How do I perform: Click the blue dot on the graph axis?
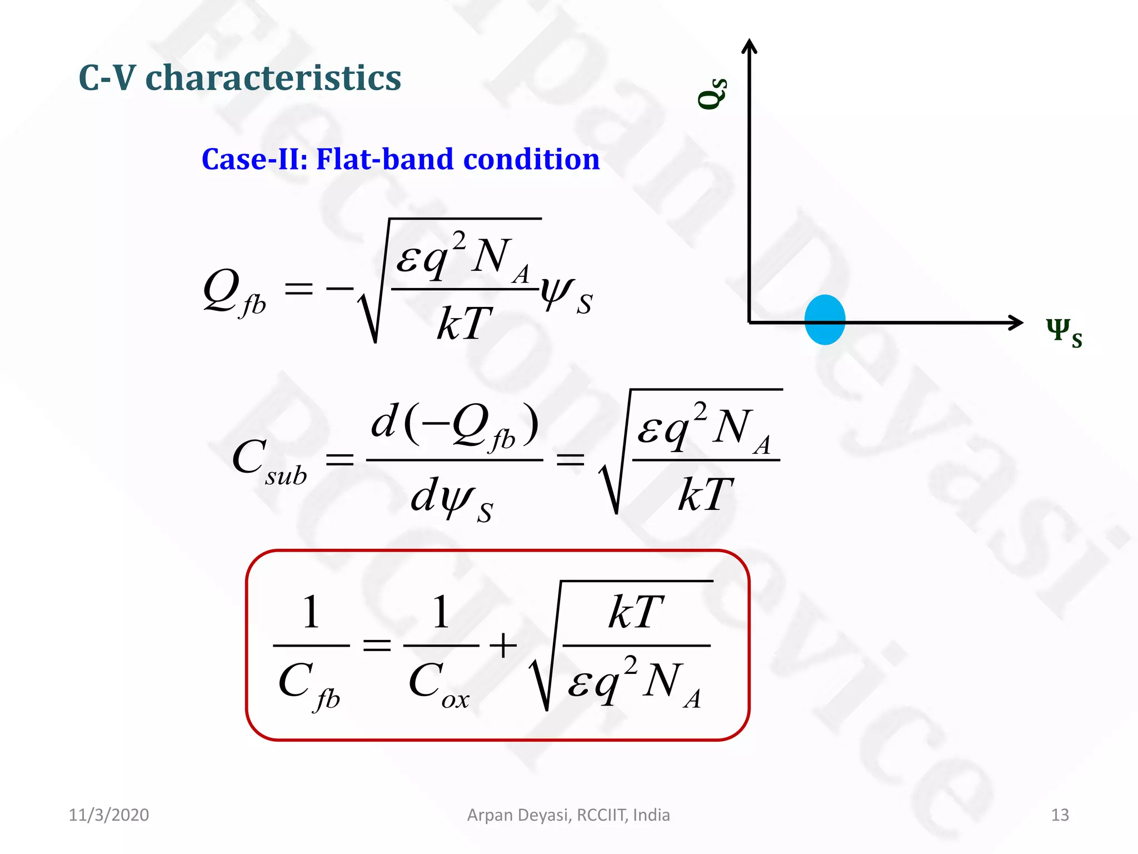[x=825, y=320]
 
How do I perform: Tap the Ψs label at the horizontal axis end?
[x=1064, y=332]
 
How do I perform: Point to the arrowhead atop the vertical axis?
[x=750, y=46]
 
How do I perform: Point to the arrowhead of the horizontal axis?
[x=1017, y=322]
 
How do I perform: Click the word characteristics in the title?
[x=273, y=78]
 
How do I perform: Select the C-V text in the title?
[x=107, y=78]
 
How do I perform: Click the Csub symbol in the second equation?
[x=269, y=461]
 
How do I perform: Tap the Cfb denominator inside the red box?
[x=309, y=685]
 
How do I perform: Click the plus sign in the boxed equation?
[x=503, y=646]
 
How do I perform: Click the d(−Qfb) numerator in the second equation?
[x=454, y=426]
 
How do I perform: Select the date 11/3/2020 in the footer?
[x=109, y=815]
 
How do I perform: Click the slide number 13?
[x=1060, y=815]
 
